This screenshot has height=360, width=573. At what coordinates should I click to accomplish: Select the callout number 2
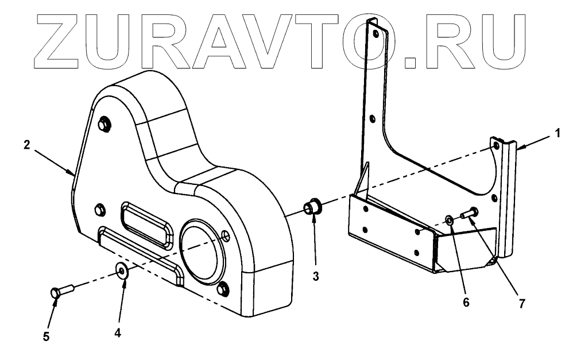[26, 145]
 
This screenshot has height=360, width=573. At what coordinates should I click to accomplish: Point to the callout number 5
[47, 335]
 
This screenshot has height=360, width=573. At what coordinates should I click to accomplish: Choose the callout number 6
[466, 302]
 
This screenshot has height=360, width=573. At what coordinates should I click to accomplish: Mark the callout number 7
[521, 303]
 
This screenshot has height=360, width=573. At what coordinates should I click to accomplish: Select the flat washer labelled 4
[122, 269]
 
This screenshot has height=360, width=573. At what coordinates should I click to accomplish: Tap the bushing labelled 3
[314, 206]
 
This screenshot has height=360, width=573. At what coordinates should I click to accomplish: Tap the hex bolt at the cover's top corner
[104, 123]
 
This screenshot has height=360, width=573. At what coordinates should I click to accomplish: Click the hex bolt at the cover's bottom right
[224, 288]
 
